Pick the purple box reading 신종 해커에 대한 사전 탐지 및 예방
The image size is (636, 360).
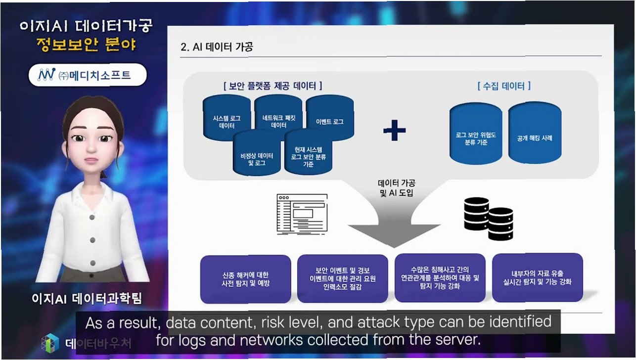(x=245, y=279)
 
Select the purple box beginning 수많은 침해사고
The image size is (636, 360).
(x=440, y=279)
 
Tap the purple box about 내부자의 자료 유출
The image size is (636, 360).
(x=538, y=278)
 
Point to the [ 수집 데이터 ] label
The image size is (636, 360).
(x=504, y=86)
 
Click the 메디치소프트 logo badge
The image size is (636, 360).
(x=87, y=75)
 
